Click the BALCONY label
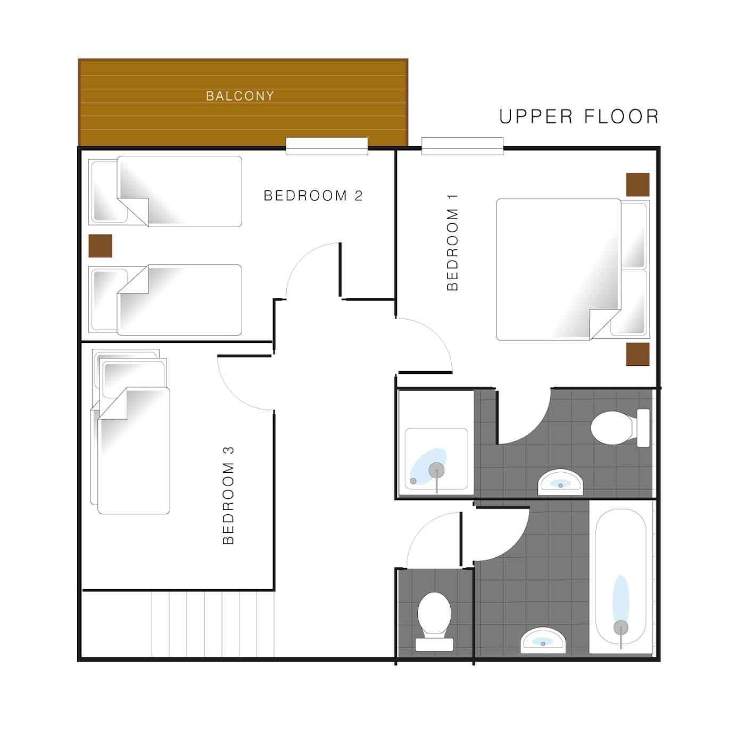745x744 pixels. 239,96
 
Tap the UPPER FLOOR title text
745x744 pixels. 578,116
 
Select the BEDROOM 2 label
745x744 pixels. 313,196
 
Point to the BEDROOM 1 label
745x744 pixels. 452,243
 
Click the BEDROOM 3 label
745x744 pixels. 228,496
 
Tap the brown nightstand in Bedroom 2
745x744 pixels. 100,245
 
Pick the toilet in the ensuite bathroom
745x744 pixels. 620,428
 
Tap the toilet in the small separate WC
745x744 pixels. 434,621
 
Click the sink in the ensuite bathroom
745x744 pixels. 560,482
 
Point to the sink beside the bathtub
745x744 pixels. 543,640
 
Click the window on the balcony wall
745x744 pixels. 327,146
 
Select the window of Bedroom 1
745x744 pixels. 462,146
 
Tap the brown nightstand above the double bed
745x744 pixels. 638,185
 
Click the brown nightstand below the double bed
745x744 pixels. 638,354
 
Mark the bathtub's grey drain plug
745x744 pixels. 621,628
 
